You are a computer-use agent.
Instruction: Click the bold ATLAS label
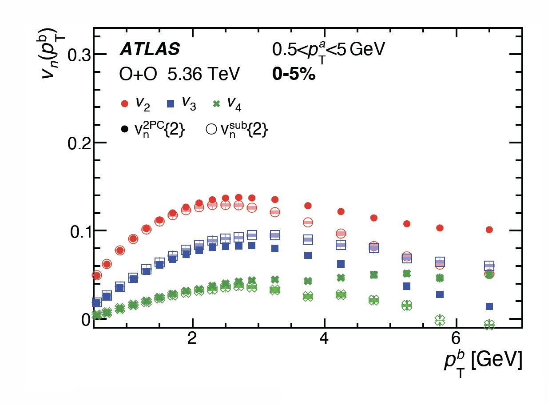point(150,49)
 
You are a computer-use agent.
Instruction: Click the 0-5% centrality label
point(294,75)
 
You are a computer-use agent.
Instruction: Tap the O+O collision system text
point(138,75)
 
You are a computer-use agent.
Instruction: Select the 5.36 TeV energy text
point(203,75)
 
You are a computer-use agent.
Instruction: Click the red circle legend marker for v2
point(125,104)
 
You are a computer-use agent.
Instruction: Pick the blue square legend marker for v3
point(170,104)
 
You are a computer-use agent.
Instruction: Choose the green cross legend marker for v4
point(217,104)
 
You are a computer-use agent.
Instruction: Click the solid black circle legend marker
point(125,129)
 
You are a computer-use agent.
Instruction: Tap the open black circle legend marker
point(211,129)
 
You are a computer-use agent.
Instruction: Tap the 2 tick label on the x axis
point(192,339)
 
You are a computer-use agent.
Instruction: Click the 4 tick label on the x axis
point(324,339)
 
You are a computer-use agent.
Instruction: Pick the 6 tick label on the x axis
point(456,339)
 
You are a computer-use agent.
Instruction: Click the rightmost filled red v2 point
point(489,230)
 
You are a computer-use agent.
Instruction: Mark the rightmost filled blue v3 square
point(489,306)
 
